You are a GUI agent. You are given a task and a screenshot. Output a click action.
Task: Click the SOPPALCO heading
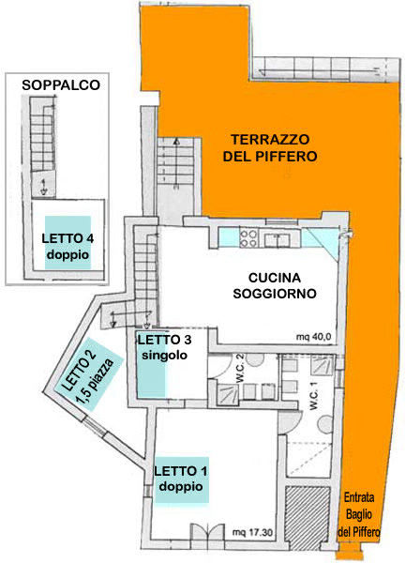click(x=61, y=85)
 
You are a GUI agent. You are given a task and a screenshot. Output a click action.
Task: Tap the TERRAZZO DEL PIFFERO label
click(x=270, y=147)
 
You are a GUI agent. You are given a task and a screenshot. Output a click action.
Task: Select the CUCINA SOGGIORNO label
click(x=275, y=285)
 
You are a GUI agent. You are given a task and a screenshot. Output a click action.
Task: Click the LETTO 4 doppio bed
click(x=68, y=242)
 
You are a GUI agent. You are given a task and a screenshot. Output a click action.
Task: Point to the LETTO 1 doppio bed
click(x=182, y=479)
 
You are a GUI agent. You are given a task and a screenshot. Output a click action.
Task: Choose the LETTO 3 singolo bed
click(x=152, y=364)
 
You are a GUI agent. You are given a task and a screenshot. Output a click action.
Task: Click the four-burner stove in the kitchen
click(x=248, y=238)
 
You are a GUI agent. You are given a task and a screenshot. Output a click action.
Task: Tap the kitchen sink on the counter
click(x=277, y=239)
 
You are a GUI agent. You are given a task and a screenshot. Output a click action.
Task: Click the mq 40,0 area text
click(x=313, y=337)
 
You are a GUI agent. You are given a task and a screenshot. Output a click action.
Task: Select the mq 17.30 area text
click(x=252, y=532)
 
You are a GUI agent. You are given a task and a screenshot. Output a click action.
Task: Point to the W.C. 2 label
click(x=239, y=373)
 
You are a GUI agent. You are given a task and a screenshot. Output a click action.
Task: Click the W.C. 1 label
click(x=313, y=396)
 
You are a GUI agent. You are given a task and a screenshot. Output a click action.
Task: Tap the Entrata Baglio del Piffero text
click(x=359, y=514)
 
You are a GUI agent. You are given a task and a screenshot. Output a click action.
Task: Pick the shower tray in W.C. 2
click(x=227, y=393)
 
